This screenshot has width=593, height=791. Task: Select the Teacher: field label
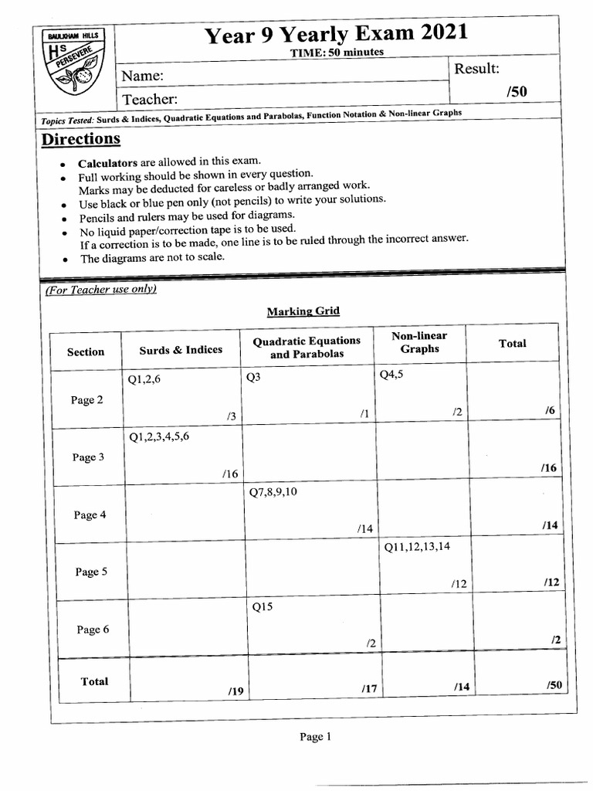(x=150, y=99)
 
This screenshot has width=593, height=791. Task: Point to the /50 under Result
(x=517, y=92)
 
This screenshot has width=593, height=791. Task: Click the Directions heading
(x=80, y=139)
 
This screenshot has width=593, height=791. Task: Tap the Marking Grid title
(x=303, y=311)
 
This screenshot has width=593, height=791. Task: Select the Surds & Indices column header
(x=181, y=350)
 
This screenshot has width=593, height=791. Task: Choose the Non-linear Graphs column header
(x=419, y=342)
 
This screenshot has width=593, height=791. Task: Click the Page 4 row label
(x=89, y=515)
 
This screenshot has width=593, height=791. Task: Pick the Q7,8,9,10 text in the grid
(x=273, y=492)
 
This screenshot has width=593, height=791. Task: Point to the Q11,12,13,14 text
(x=417, y=547)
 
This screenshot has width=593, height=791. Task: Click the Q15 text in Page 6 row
(x=263, y=607)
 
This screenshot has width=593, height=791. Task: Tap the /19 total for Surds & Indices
(x=236, y=691)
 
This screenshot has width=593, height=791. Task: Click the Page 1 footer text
(x=315, y=737)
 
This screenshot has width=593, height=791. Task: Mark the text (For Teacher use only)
(x=100, y=290)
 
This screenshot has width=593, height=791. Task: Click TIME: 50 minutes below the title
(x=337, y=53)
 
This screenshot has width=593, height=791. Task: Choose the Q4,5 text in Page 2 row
(x=391, y=375)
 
